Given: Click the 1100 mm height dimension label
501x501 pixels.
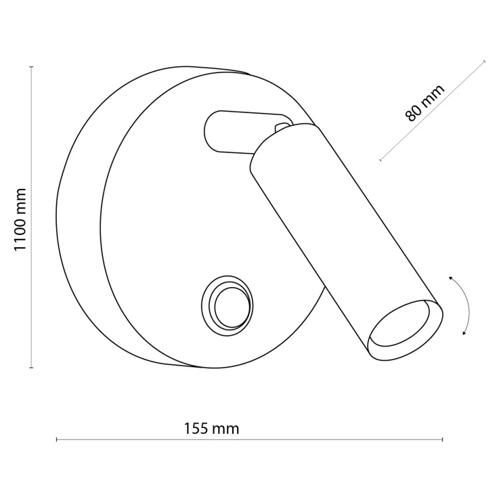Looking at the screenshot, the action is pos(20,220).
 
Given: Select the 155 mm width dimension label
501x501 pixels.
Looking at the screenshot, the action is pos(211,429).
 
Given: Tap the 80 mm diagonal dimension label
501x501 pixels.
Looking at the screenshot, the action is pos(424,103).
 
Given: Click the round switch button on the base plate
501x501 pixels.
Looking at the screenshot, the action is pos(227,306).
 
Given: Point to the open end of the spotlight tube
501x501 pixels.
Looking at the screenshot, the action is pos(405,330).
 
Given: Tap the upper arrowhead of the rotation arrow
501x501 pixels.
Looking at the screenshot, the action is pos(451,279).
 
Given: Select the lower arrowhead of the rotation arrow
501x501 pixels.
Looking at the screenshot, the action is pos(465,333).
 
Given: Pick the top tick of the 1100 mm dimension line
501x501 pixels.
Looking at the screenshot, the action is pos(31,67).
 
